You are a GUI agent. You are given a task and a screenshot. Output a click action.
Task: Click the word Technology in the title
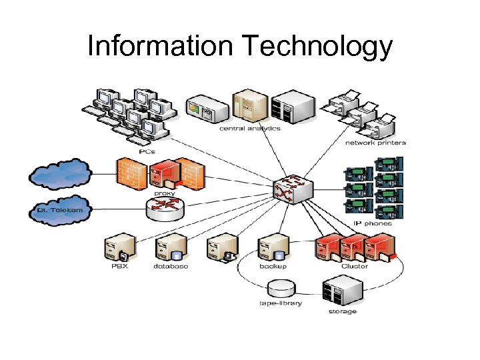319,47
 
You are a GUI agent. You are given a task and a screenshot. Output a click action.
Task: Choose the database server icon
169,249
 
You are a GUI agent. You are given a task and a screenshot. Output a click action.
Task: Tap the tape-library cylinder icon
281,289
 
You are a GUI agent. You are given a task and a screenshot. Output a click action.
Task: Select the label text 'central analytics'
250,129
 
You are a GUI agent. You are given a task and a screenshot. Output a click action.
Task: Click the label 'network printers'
375,143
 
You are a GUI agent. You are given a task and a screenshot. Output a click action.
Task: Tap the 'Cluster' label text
355,267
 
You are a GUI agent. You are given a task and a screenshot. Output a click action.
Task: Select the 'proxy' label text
165,193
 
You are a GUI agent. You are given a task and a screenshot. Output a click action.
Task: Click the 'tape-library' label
281,303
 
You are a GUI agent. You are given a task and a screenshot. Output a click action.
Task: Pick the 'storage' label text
342,311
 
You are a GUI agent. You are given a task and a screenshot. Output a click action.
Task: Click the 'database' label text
171,267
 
